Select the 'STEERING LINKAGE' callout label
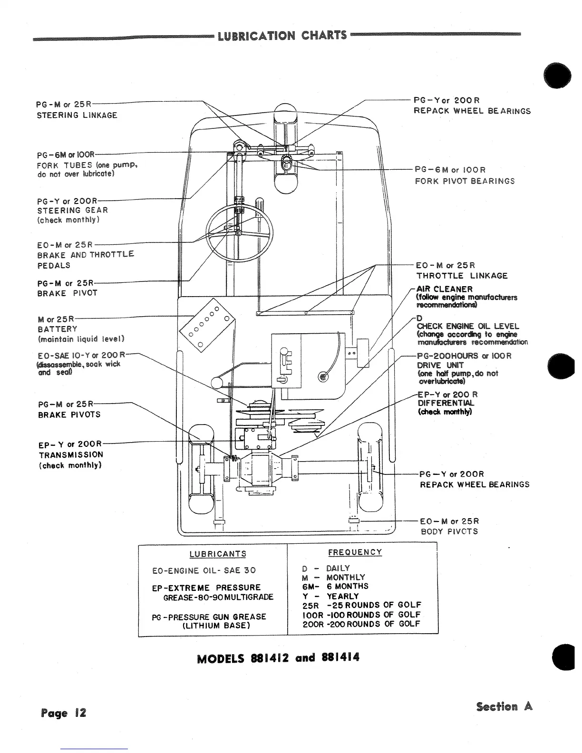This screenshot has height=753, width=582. pyautogui.click(x=77, y=115)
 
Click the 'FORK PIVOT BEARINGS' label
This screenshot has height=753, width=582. pyautogui.click(x=465, y=181)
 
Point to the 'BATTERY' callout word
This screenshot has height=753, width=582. pyautogui.click(x=57, y=329)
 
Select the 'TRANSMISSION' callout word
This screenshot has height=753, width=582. pyautogui.click(x=70, y=454)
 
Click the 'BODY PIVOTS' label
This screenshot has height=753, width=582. pyautogui.click(x=449, y=531)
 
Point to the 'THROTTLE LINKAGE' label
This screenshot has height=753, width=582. pyautogui.click(x=462, y=276)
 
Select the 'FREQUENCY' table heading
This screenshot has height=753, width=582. pyautogui.click(x=355, y=552)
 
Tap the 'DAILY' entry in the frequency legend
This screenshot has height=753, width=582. pyautogui.click(x=338, y=568)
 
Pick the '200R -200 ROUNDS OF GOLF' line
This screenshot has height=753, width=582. pyautogui.click(x=361, y=624)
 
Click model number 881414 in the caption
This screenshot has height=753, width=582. pyautogui.click(x=341, y=658)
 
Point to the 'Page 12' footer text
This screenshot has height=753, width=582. pyautogui.click(x=64, y=713)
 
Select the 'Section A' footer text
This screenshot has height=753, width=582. pyautogui.click(x=504, y=707)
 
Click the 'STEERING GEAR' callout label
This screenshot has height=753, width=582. pyautogui.click(x=72, y=210)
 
